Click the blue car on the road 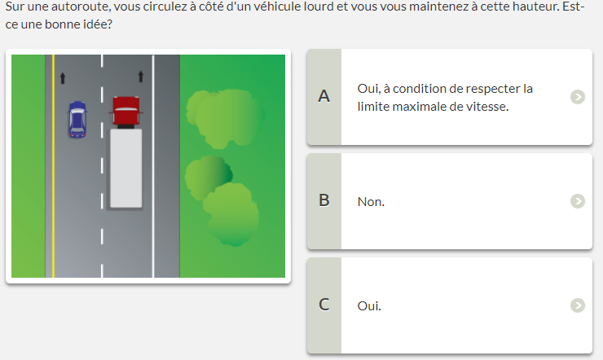coord(77,119)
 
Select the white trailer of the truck coord(126,169)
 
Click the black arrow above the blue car coord(63,78)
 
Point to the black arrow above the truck coord(141,77)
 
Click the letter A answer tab coord(324,97)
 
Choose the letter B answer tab coord(324,201)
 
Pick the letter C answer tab coord(324,305)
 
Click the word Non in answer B coord(371,202)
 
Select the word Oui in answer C coord(369,305)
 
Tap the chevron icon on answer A coord(578,97)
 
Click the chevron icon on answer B coord(578,201)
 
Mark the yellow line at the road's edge coord(53,166)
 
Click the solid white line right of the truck coord(153,166)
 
